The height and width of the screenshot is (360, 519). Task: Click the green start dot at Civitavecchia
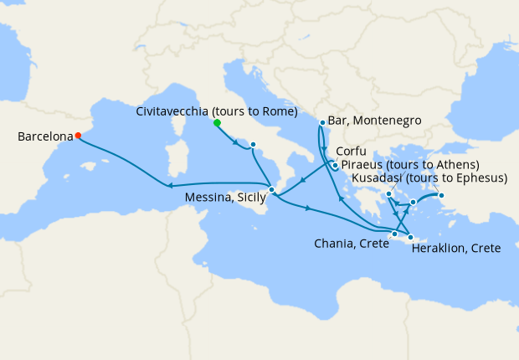(217, 123)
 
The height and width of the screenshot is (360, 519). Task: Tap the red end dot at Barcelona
(78, 135)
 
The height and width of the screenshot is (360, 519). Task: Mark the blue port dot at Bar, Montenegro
(322, 123)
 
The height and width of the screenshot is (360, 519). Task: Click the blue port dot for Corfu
(335, 165)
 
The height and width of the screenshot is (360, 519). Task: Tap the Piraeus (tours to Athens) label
(409, 165)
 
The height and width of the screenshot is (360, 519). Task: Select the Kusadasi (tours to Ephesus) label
(430, 178)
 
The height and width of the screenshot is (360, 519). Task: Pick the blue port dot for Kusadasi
(442, 197)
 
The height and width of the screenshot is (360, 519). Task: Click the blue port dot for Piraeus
(389, 196)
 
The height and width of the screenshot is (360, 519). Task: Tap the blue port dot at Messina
(271, 190)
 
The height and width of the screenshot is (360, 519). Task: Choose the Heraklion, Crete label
(457, 249)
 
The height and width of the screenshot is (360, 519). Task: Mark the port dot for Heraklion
(411, 238)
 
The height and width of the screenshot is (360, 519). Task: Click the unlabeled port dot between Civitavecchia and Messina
(252, 145)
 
